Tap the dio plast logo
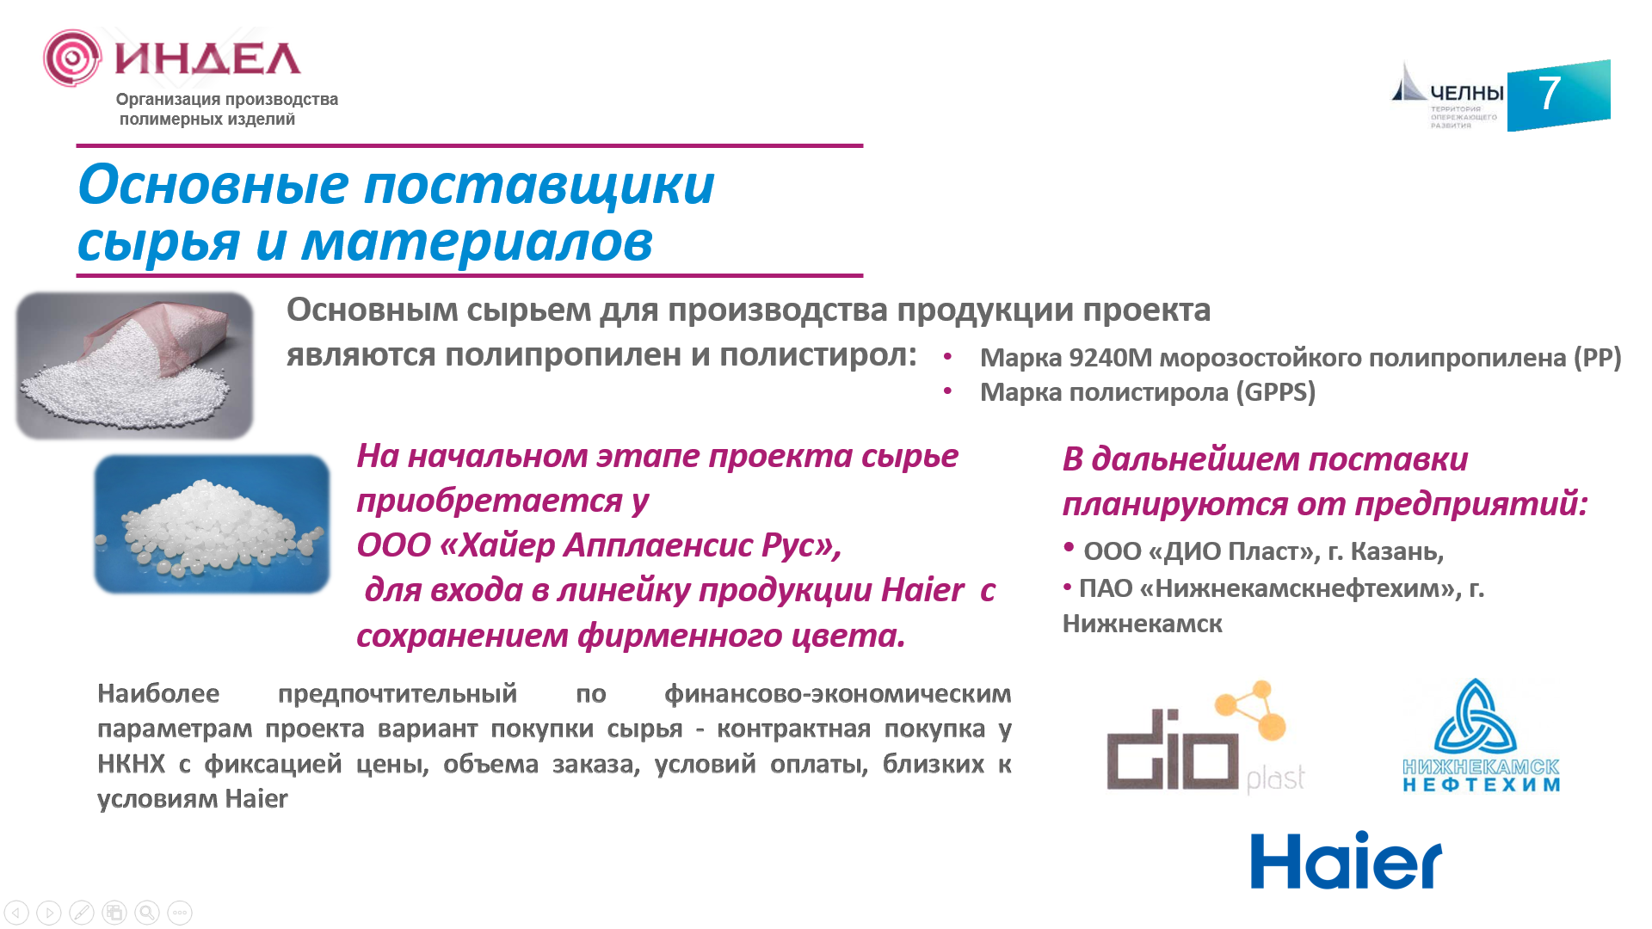click(1205, 736)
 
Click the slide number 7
click(1550, 93)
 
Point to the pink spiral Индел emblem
click(72, 58)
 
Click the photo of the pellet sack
click(134, 366)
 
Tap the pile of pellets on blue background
click(212, 524)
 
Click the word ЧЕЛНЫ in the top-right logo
click(1466, 93)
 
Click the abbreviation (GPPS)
click(1276, 392)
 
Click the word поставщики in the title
click(539, 185)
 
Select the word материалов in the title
click(477, 242)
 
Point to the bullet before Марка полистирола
click(947, 391)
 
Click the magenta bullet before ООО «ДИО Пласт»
click(1069, 546)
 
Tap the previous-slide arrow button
click(16, 913)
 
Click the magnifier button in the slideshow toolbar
click(147, 913)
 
